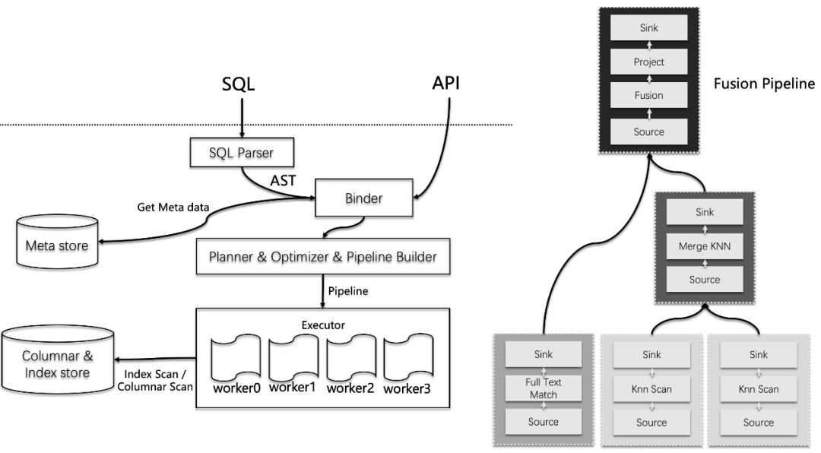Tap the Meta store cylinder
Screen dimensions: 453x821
[57, 245]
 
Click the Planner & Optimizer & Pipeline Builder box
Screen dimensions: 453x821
[323, 257]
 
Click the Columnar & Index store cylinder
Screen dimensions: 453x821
[57, 363]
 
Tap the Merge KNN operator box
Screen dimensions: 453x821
[704, 246]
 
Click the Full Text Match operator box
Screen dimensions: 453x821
[543, 388]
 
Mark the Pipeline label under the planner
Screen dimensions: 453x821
[349, 290]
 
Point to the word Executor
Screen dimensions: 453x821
[323, 324]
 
